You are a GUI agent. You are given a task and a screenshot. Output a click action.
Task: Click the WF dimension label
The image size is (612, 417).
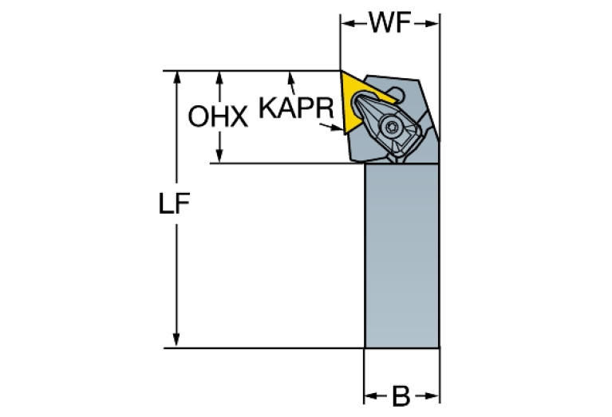pos(390,23)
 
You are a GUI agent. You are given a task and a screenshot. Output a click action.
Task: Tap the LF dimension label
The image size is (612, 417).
pos(174,203)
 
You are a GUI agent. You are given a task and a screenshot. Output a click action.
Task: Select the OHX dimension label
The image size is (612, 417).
pos(218,116)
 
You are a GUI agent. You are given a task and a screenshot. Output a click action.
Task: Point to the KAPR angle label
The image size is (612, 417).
pos(296,108)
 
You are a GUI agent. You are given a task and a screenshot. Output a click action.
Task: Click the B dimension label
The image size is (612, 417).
pos(401,396)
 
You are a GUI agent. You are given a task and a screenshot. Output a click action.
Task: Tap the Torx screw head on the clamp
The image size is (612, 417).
pos(392,127)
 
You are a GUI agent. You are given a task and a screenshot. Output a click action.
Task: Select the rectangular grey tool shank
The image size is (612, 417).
pos(401,255)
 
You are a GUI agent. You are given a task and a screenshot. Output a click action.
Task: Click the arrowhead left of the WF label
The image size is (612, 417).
pos(348,24)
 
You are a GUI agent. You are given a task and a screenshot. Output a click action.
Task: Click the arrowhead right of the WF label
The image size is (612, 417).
pos(432,24)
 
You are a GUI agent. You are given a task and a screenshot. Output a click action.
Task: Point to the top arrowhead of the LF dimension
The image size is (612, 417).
pos(177,77)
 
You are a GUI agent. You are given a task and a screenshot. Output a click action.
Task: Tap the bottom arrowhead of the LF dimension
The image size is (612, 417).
pos(176,340)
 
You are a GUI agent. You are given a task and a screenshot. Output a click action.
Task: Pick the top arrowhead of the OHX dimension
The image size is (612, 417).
pos(219,78)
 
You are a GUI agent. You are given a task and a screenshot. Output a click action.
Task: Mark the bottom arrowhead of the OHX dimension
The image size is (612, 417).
pos(219,155)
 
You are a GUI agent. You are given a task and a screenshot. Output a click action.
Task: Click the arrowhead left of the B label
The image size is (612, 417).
pos(371,396)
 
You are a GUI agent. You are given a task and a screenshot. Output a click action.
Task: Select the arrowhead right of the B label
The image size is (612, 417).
pos(432,396)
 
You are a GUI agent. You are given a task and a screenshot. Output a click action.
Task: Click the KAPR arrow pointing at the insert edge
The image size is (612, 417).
pos(331,127)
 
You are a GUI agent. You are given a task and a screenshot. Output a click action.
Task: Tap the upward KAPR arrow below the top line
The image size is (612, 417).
pos(291,83)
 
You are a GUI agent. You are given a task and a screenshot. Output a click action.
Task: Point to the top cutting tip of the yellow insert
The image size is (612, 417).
pos(341,71)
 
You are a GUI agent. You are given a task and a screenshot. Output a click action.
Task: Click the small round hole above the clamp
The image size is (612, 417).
pos(397,93)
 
